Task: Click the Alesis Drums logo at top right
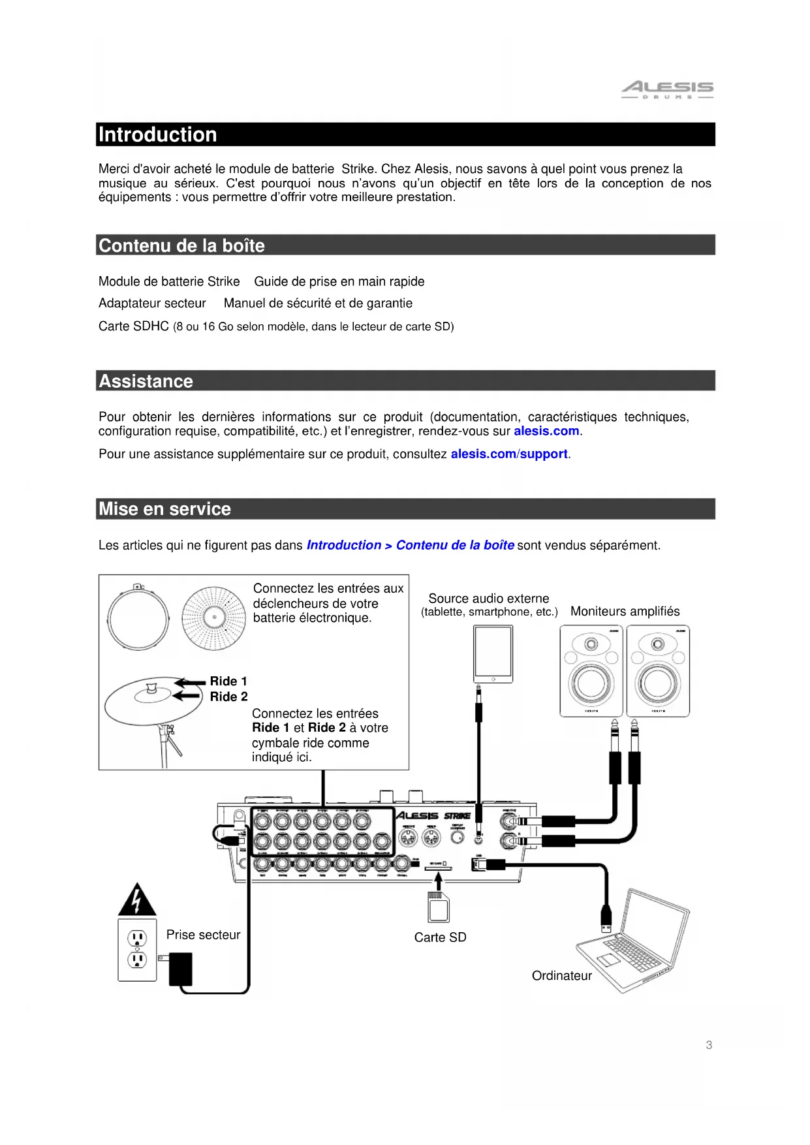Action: [666, 89]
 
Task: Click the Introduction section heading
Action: [158, 134]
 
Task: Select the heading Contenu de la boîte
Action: [181, 245]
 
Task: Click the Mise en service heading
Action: [164, 509]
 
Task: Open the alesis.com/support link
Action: [509, 454]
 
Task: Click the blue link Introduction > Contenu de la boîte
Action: [410, 545]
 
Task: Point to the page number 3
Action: [709, 1045]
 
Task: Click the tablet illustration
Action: [493, 653]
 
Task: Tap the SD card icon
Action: [438, 908]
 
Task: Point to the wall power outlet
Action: [137, 950]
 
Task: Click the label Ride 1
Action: [228, 681]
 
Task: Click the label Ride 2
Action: [228, 697]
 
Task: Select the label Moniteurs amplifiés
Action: [625, 611]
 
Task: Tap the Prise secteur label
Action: [203, 935]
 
